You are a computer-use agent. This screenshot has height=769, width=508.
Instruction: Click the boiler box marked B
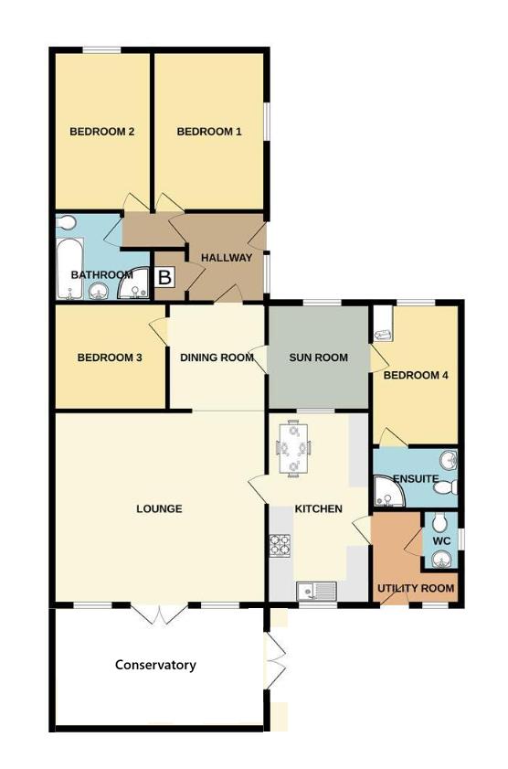[x=165, y=277]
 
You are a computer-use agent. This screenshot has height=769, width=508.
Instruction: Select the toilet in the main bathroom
[x=66, y=224]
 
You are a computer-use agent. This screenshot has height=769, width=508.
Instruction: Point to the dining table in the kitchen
[x=293, y=447]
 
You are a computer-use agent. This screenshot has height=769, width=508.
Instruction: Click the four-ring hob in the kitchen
[x=279, y=546]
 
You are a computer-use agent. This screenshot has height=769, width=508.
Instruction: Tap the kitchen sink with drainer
[x=316, y=591]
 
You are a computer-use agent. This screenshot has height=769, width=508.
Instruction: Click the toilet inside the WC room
[x=439, y=524]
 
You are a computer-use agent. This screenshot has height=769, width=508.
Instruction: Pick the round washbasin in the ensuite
[x=448, y=460]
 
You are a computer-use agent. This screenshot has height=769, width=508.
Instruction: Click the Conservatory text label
[x=155, y=665]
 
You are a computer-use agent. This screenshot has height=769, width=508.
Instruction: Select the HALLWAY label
[x=227, y=258]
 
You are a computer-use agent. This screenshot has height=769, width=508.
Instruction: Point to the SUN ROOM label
[x=319, y=358]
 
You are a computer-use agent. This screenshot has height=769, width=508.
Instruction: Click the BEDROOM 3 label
[x=109, y=358]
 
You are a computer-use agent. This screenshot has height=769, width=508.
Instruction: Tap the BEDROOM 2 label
[x=102, y=132]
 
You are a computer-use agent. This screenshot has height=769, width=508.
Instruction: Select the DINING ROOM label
[x=217, y=358]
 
